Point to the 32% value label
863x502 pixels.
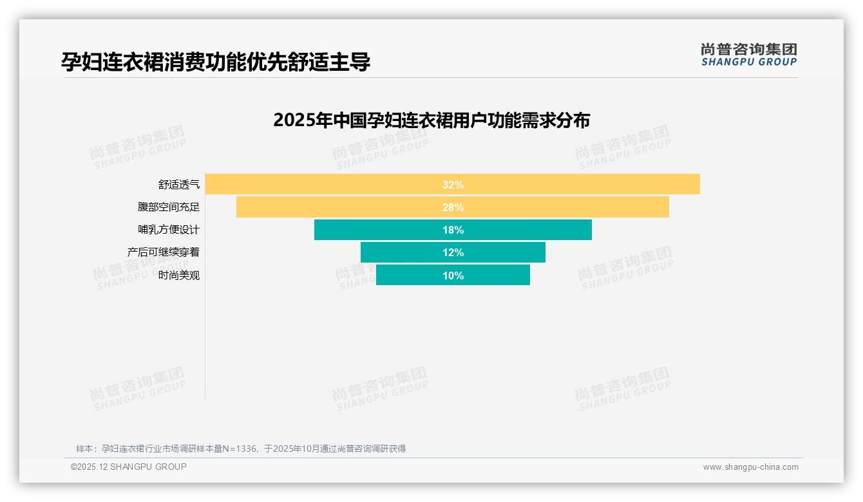tap(453, 185)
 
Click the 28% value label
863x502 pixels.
tap(453, 207)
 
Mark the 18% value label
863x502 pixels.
tap(453, 230)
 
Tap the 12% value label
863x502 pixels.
tap(453, 252)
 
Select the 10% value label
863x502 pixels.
tap(453, 275)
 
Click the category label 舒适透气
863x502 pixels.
tap(179, 185)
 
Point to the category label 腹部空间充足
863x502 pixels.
tap(169, 207)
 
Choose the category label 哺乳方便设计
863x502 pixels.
tap(169, 230)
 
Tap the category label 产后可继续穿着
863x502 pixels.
tap(164, 252)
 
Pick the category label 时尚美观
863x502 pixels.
tap(179, 275)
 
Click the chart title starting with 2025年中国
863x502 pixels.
tap(431, 120)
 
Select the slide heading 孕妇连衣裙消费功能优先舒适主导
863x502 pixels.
tap(216, 62)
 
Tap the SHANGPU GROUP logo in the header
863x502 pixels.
tap(748, 55)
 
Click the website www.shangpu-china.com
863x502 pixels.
tap(750, 467)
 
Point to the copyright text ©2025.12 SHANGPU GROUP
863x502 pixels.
tap(129, 467)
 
